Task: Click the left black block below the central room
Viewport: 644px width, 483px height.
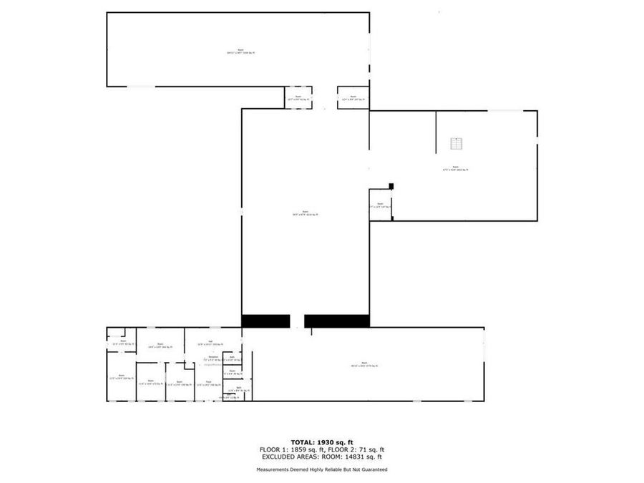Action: pos(265,321)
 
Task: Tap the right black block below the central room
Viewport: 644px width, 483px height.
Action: pos(336,321)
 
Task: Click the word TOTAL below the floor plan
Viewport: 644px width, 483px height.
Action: pos(303,442)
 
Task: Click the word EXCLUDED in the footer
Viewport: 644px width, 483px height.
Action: pos(279,457)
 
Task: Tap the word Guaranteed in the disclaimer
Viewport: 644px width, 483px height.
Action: pos(372,470)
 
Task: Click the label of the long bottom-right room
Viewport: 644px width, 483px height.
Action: pos(364,365)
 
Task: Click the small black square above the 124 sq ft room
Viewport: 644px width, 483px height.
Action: pos(391,187)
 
